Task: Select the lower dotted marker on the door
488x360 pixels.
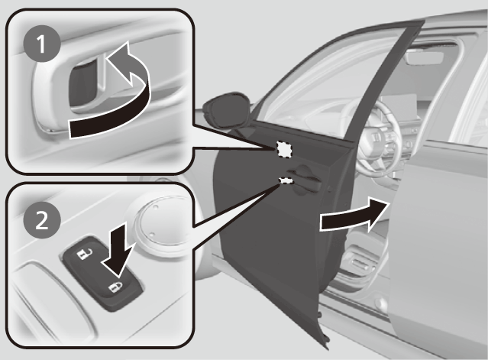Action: (287, 180)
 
